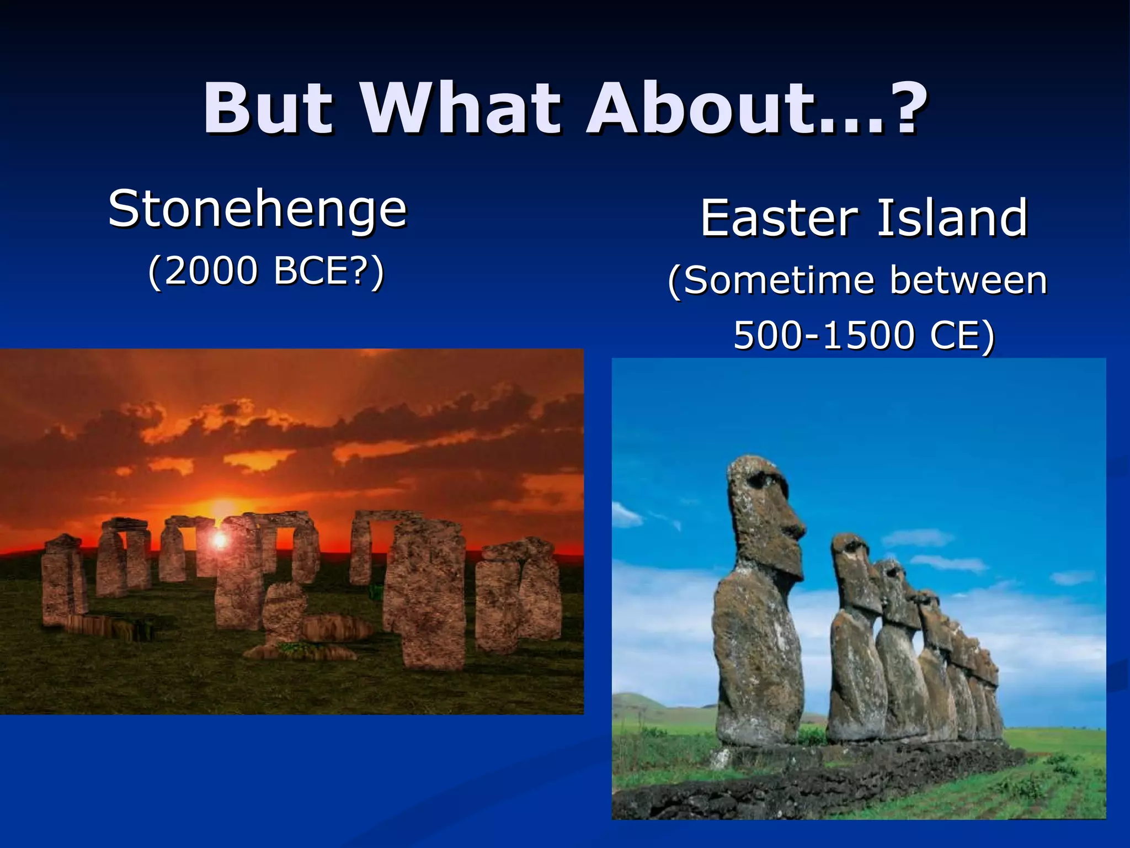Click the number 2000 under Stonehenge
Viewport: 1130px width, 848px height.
pyautogui.click(x=211, y=272)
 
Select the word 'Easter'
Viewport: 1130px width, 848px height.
pyautogui.click(x=779, y=218)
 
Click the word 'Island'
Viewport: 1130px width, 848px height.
pyautogui.click(x=952, y=218)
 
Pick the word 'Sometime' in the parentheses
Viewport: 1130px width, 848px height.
pyautogui.click(x=772, y=280)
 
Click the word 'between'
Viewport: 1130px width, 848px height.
pyautogui.click(x=968, y=280)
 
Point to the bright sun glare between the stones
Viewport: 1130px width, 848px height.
pyautogui.click(x=220, y=539)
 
